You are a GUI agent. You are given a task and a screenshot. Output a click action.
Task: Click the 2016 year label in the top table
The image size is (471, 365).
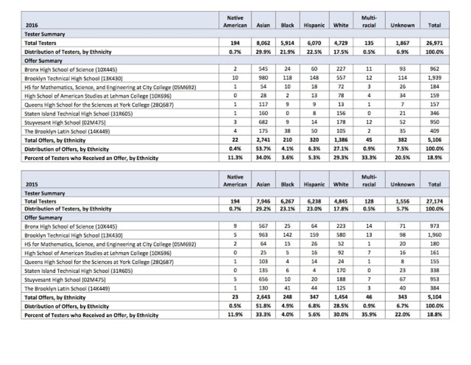click(31, 25)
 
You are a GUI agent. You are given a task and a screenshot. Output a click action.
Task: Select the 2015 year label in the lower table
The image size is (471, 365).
click(31, 185)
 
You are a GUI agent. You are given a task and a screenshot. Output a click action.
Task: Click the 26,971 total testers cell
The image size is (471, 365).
click(434, 43)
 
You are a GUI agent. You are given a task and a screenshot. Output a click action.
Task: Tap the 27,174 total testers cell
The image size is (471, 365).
click(434, 201)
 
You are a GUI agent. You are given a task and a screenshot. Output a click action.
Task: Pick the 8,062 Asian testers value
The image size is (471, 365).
click(263, 43)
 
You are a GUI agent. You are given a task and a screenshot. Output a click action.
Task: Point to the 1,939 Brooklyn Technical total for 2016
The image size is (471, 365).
click(434, 78)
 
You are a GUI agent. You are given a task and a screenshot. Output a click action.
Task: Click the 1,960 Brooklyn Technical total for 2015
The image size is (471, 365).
click(434, 235)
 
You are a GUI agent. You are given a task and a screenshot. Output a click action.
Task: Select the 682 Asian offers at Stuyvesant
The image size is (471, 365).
click(263, 122)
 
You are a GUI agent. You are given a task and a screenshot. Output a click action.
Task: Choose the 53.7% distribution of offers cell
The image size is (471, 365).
click(263, 149)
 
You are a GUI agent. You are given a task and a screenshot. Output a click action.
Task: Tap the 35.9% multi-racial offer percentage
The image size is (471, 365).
click(369, 315)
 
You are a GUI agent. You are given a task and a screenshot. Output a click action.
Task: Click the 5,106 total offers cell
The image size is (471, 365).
click(434, 140)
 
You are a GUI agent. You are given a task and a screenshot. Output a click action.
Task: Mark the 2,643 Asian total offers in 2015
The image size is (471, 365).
click(263, 297)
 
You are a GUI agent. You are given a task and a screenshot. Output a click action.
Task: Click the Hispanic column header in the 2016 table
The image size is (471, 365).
click(314, 25)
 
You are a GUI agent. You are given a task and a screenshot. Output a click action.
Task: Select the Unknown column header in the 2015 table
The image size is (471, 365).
click(402, 185)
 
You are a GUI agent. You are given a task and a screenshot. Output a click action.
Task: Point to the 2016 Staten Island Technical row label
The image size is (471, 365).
click(78, 114)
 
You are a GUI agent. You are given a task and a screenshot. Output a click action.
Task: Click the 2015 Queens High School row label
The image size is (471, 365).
click(99, 262)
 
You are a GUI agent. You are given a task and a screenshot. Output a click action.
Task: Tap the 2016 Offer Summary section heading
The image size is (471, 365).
click(43, 61)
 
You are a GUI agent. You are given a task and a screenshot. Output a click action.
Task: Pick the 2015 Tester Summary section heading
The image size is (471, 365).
click(44, 193)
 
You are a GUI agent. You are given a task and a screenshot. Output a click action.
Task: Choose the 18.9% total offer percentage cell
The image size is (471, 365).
click(434, 158)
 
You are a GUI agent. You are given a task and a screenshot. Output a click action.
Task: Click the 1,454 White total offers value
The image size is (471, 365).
click(341, 297)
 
